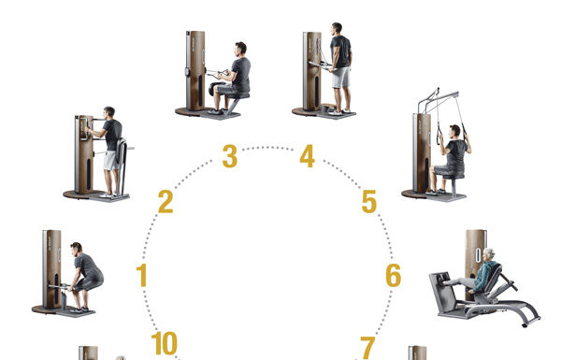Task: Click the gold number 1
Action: [142, 275]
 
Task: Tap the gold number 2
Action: [165, 202]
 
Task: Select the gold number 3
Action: [230, 156]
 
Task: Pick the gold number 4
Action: [308, 156]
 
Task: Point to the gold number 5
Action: [369, 201]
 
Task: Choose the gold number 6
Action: [394, 276]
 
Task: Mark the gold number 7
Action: [367, 348]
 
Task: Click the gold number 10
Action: [165, 343]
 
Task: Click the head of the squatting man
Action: [77, 248]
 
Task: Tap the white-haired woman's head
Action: [489, 254]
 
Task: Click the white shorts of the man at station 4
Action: [340, 78]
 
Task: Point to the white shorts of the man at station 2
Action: [111, 160]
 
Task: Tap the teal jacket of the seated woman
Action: [486, 275]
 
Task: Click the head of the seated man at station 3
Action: [241, 49]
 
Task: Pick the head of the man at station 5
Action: [454, 131]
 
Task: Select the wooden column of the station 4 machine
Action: [314, 70]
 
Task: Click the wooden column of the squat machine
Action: [53, 268]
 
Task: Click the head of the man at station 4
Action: [337, 29]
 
